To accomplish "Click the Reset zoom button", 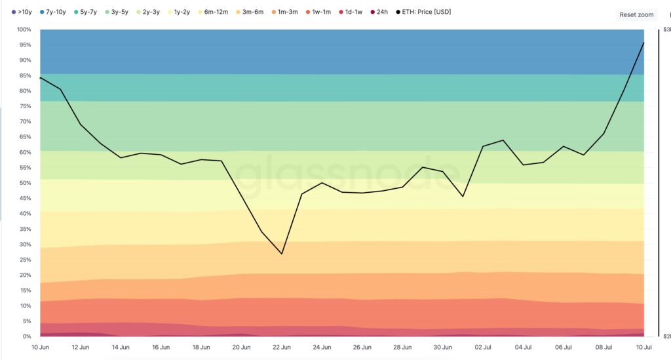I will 636,14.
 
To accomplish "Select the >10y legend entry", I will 22,12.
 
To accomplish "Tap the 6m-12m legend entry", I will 214,12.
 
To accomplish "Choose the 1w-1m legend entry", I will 318,12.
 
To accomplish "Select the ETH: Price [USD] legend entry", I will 423,12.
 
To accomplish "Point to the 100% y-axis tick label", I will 24,30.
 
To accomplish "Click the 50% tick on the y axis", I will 25,183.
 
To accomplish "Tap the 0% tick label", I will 26,336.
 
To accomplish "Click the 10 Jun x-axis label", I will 40,347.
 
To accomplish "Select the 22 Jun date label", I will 282,347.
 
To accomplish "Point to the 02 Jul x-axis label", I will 483,347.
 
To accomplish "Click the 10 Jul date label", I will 643,347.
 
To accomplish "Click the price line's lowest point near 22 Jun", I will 282,254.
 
